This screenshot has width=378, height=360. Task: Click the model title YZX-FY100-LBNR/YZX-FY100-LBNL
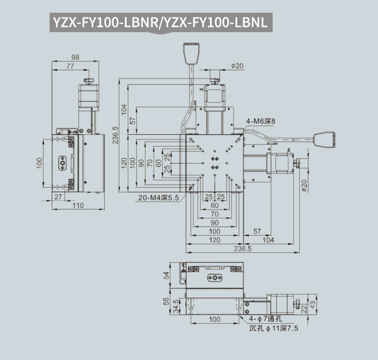(x=160, y=22)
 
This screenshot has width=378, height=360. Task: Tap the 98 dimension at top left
(x=75, y=57)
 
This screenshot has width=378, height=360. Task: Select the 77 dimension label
(x=70, y=66)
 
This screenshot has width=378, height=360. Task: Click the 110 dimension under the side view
(x=78, y=206)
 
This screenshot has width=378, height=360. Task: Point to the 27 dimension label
(x=58, y=197)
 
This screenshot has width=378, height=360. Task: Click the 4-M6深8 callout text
(x=260, y=121)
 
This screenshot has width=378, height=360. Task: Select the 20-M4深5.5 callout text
(x=158, y=198)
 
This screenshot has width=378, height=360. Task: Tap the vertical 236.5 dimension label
(x=116, y=135)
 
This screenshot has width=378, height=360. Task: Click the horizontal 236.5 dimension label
(x=242, y=249)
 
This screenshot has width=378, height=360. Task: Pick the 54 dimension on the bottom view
(x=166, y=275)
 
